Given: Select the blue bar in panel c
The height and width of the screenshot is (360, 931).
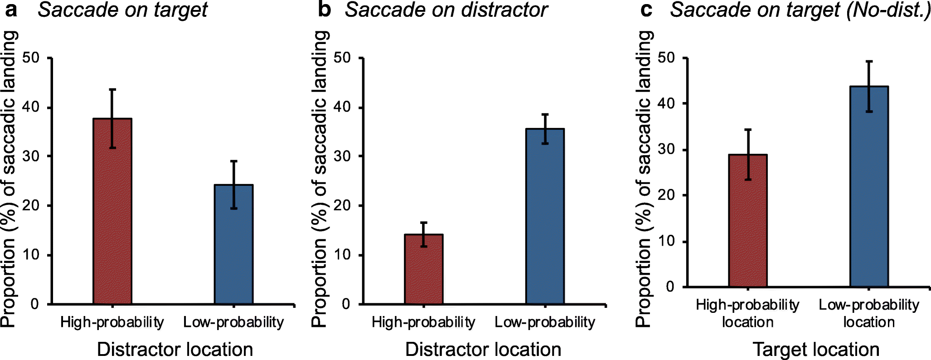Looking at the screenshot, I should pyautogui.click(x=869, y=186).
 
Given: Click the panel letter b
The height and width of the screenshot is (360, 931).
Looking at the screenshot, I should pyautogui.click(x=324, y=10).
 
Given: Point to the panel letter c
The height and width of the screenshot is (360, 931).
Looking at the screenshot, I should pyautogui.click(x=646, y=10).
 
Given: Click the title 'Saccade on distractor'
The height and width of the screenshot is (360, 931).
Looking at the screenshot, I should pyautogui.click(x=446, y=10).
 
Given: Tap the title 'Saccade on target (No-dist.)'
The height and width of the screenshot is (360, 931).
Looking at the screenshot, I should pyautogui.click(x=800, y=10).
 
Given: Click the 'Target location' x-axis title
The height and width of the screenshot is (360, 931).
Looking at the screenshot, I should pyautogui.click(x=816, y=350).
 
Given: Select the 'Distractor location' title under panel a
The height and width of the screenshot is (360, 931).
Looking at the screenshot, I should pyautogui.click(x=175, y=350).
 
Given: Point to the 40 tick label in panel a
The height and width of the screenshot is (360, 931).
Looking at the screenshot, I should pyautogui.click(x=32, y=107).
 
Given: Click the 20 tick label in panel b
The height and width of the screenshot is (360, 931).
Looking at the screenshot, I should pyautogui.click(x=342, y=206).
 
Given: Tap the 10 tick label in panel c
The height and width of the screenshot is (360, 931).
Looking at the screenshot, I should pyautogui.click(x=666, y=241).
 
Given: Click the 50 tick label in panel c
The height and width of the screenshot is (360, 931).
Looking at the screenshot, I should pyautogui.click(x=666, y=58).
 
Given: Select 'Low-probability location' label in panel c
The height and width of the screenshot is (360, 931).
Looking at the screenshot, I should pyautogui.click(x=869, y=313).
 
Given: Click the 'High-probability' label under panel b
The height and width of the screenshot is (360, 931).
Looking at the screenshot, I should pyautogui.click(x=423, y=322).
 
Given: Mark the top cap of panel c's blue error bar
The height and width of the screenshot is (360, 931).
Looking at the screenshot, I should pyautogui.click(x=869, y=61).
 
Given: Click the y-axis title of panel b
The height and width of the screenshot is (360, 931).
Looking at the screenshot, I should pyautogui.click(x=320, y=179).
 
